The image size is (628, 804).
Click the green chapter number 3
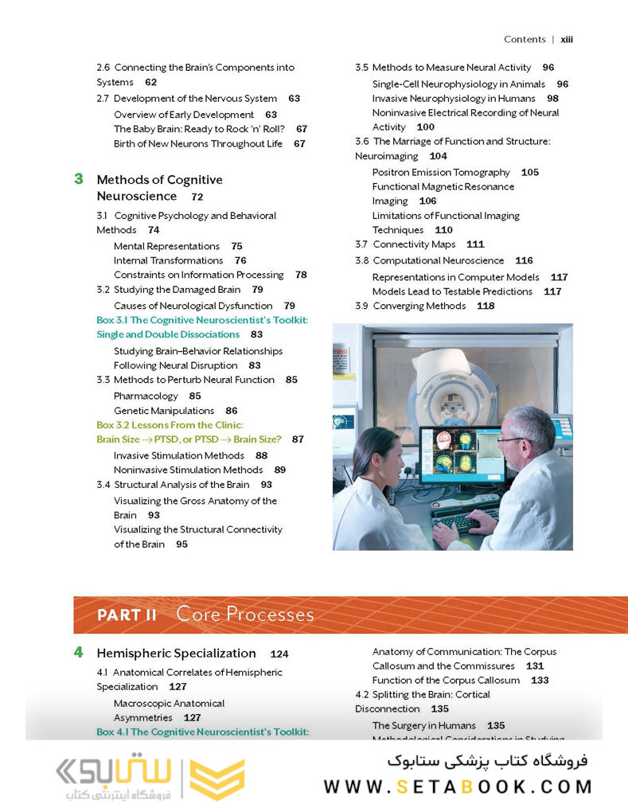point(79,179)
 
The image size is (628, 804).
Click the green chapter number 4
point(79,652)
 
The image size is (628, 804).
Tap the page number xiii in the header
point(567,39)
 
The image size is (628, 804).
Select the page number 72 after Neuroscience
point(197,197)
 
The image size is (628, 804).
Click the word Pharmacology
point(146,396)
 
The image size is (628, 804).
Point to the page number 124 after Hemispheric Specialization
point(279,654)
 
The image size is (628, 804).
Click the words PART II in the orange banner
point(127,615)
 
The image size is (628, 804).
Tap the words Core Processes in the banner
point(245,615)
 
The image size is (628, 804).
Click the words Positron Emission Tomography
point(441,172)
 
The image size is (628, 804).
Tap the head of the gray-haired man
point(529,430)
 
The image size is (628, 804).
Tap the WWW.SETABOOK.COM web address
point(458,786)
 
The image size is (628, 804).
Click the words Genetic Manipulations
point(164,411)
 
